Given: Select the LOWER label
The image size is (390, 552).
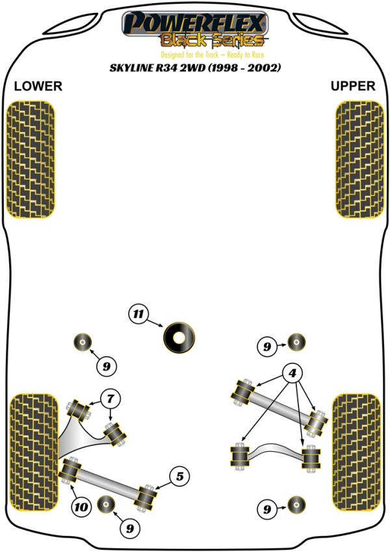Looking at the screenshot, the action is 38,86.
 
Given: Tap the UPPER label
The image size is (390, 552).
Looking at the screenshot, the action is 353,86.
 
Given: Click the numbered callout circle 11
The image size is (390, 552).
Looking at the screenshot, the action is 138,313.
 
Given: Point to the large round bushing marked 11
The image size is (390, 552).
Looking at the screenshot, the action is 179,337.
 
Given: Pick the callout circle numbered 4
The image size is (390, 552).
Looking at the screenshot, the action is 292,373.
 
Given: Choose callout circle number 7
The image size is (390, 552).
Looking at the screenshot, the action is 110,399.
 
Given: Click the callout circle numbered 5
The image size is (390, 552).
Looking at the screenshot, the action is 179,476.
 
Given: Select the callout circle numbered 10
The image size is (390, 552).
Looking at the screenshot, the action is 81,507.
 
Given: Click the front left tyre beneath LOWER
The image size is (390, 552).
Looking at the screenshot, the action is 31,159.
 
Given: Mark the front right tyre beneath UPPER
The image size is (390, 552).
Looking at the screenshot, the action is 359,159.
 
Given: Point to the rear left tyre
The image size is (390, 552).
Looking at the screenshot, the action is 34,453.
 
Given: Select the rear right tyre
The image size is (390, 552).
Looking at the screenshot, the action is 357,453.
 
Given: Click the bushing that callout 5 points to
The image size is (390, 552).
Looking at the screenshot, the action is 146,498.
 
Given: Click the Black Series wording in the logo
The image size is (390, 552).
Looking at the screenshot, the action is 213,40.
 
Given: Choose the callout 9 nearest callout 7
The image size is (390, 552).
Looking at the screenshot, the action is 107,366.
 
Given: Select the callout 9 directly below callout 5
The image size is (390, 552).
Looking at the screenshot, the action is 130,528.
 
